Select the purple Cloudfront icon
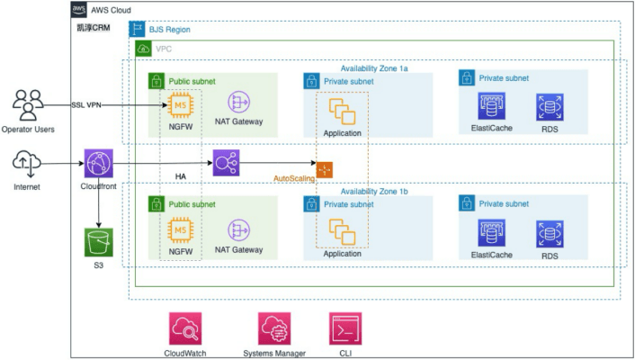tap(97, 164)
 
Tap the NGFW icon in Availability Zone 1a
tap(181, 109)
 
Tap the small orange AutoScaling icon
tap(325, 168)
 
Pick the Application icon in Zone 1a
tap(342, 112)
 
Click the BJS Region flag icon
tap(137, 30)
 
